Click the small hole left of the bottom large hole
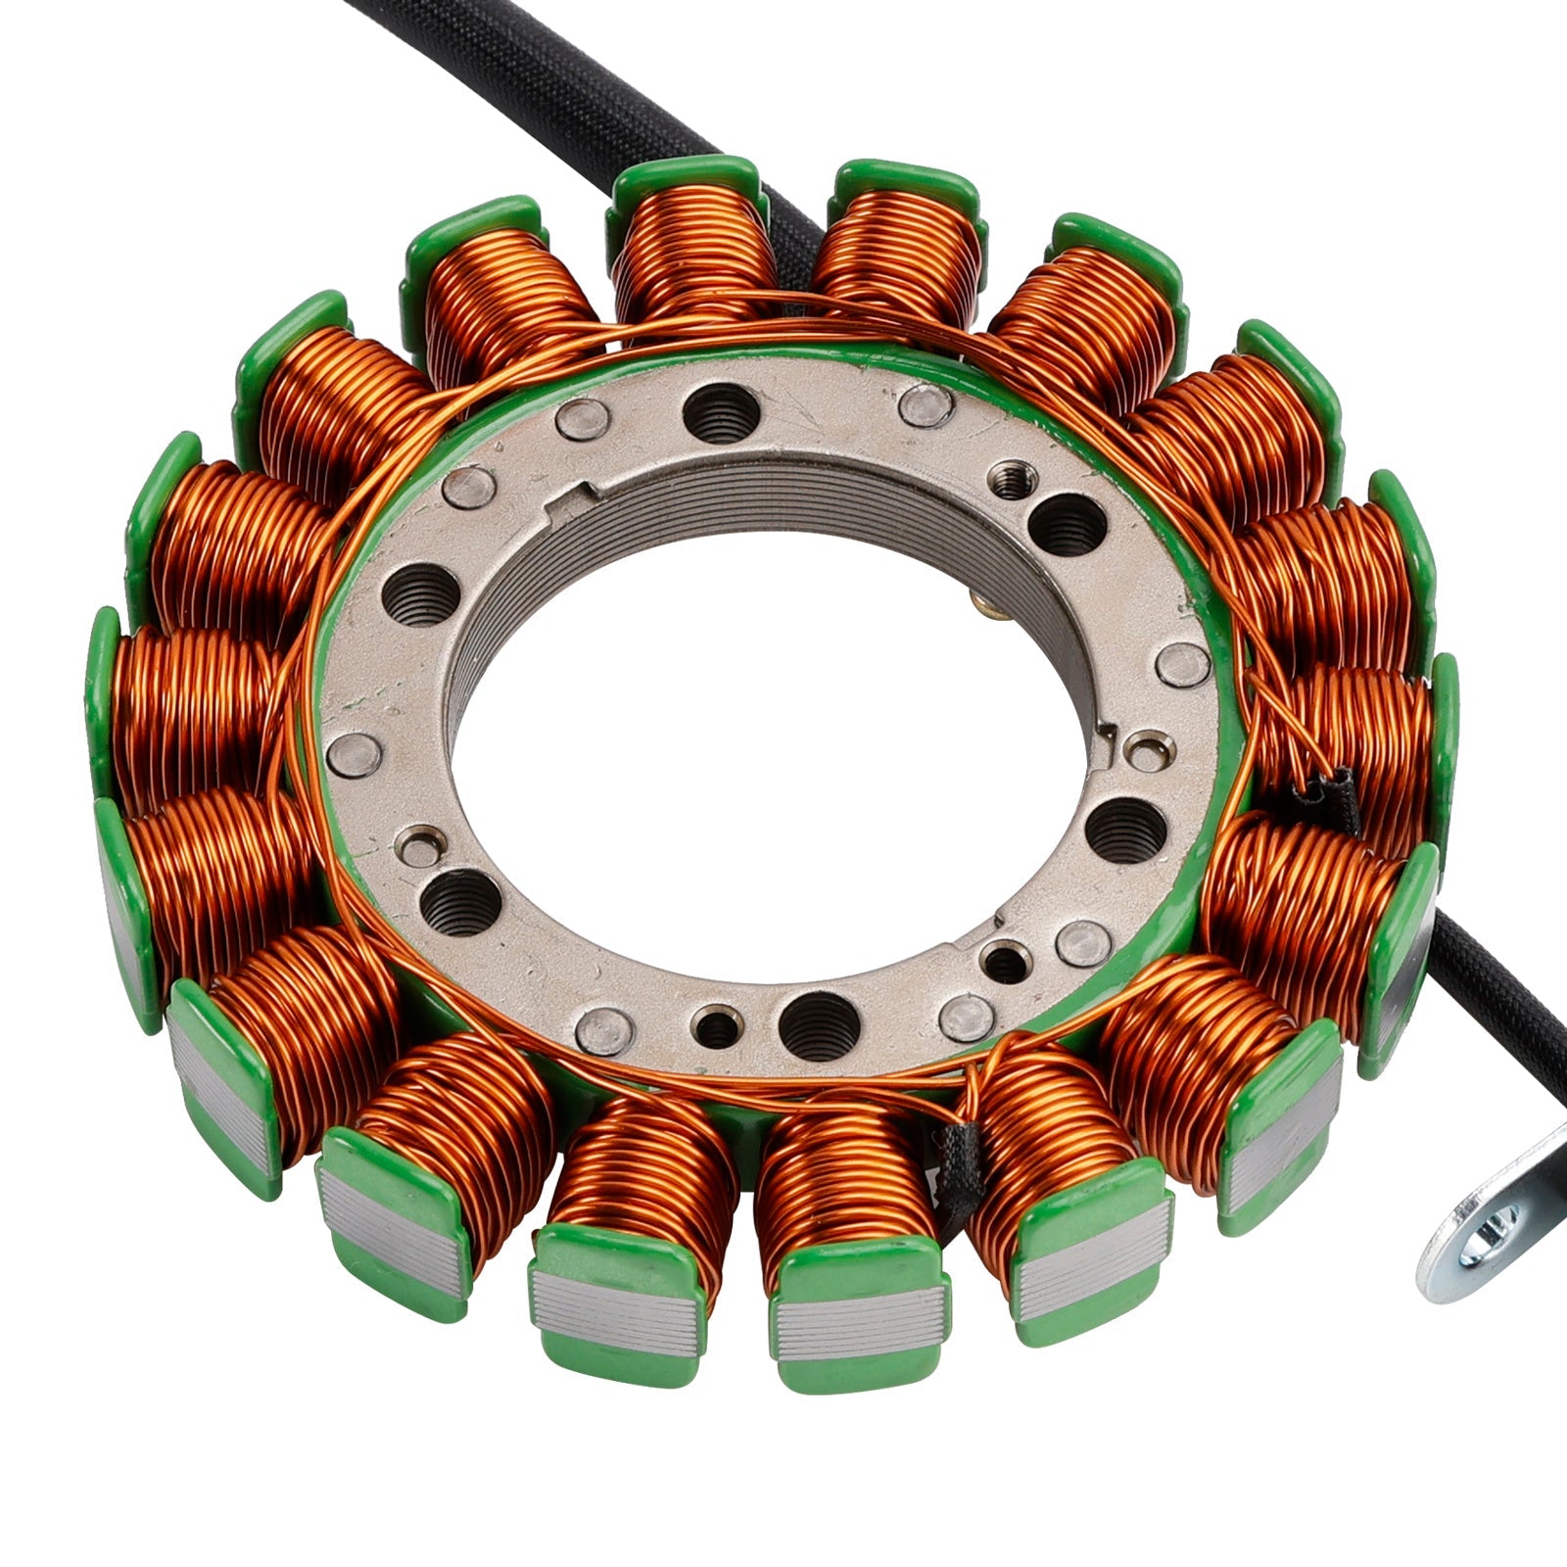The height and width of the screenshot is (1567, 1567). click(719, 1025)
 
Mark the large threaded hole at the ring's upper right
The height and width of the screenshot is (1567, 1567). click(1068, 524)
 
